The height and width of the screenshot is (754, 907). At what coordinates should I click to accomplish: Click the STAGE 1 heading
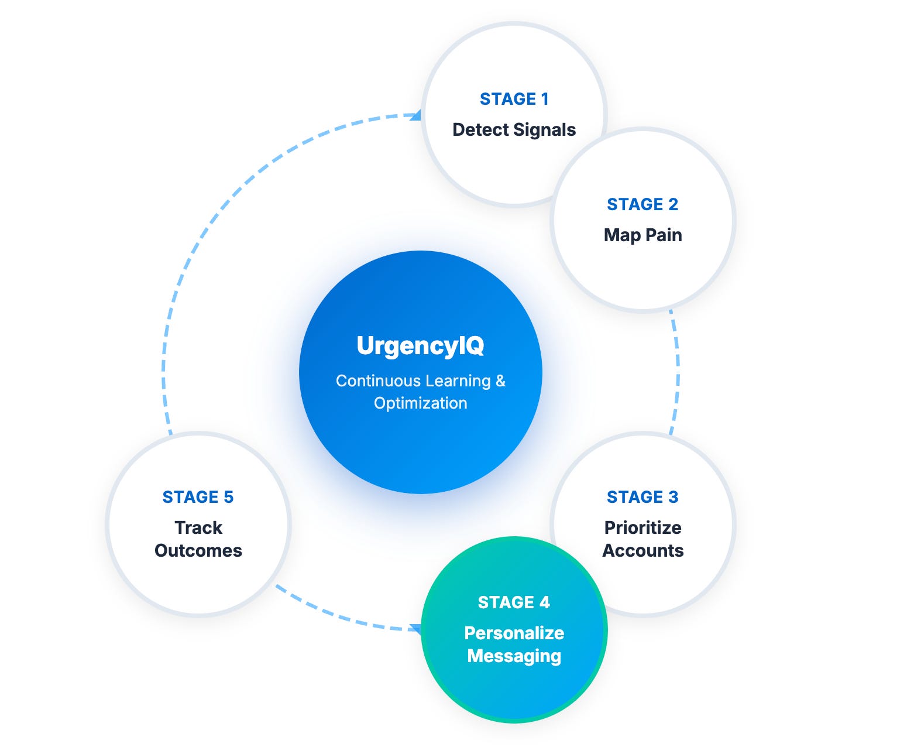(514, 99)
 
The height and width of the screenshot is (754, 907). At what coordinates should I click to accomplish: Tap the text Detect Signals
(514, 129)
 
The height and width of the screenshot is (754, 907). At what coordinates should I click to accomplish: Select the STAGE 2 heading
(642, 204)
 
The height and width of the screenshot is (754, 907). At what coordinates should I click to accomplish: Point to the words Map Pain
(643, 235)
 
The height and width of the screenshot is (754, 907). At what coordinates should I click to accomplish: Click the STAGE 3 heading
(642, 497)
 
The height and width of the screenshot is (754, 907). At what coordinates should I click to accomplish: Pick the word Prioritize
(643, 527)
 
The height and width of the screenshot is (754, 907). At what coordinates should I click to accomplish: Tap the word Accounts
(643, 550)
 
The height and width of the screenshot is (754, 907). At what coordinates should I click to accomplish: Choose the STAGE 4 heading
(514, 602)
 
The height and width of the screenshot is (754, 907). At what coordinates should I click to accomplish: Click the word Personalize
(514, 633)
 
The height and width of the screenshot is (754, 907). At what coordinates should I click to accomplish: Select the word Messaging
(514, 656)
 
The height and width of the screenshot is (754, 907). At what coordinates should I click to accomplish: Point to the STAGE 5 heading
(198, 497)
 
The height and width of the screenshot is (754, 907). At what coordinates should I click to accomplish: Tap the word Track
(198, 527)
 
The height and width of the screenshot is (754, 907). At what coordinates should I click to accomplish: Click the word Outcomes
(198, 550)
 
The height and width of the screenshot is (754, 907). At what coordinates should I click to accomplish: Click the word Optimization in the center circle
(420, 403)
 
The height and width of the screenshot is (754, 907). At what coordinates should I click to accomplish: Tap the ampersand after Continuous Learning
(500, 381)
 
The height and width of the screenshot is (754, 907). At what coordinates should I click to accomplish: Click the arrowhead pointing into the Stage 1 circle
(415, 115)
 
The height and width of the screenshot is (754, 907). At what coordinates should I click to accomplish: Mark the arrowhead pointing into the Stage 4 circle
(415, 629)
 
